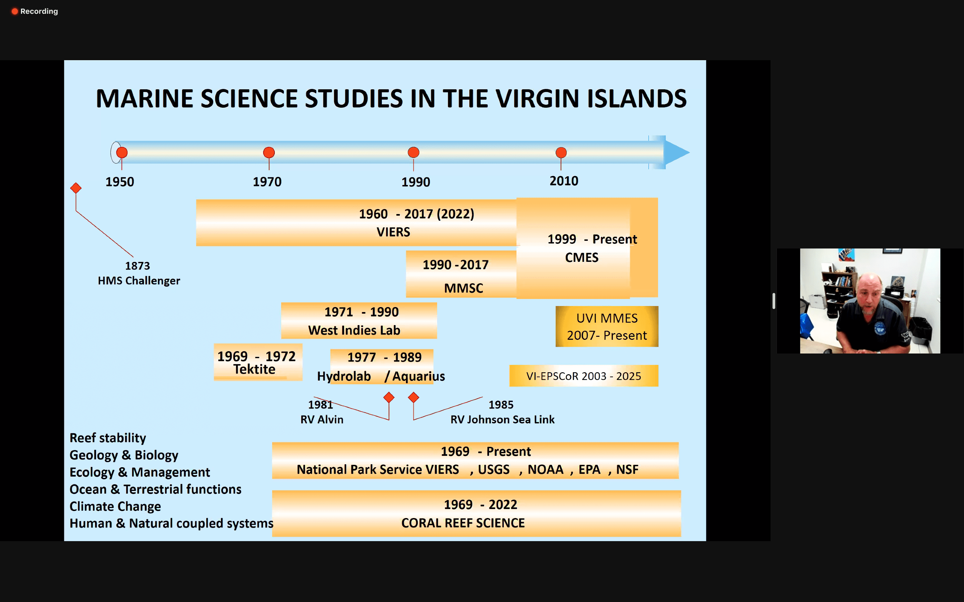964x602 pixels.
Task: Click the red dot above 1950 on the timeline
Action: [x=122, y=152]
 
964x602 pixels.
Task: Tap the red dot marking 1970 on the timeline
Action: [x=269, y=152]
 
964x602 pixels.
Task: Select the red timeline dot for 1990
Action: [x=413, y=152]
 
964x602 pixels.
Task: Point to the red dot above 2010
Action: [x=561, y=152]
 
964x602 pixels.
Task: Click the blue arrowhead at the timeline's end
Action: [x=676, y=152]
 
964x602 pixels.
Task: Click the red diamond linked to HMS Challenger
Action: [x=76, y=188]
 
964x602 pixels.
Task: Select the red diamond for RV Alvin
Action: [x=389, y=397]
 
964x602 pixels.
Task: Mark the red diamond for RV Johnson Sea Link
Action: [x=413, y=397]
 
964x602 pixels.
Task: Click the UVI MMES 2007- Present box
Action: [x=607, y=326]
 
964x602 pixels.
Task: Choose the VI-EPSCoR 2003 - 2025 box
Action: [x=583, y=376]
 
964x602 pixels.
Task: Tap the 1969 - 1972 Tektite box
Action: [x=258, y=362]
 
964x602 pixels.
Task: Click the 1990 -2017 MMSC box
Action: [x=461, y=274]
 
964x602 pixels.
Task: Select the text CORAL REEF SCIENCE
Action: [x=463, y=523]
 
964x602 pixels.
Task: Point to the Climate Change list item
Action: [x=115, y=506]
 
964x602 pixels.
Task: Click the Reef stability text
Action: [x=107, y=438]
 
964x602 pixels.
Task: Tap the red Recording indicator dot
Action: [x=15, y=11]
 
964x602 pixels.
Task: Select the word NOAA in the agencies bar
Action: [x=545, y=470]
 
